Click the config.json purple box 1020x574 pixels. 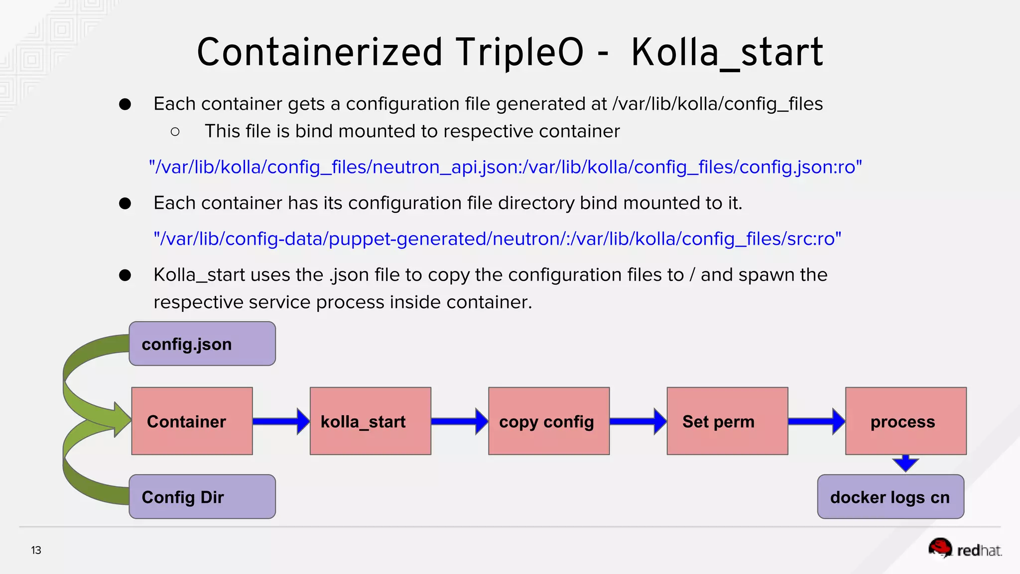point(202,344)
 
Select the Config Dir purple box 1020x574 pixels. point(202,497)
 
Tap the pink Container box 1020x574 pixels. point(192,421)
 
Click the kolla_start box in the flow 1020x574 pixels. point(370,421)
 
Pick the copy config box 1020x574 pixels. point(549,421)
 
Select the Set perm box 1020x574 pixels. point(727,421)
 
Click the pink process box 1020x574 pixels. point(905,421)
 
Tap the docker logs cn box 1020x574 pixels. point(891,497)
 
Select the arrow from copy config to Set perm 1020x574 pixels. point(638,422)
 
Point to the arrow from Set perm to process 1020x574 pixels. point(816,422)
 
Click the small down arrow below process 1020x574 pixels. point(905,463)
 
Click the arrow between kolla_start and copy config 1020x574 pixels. point(459,422)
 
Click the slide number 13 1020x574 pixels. point(36,550)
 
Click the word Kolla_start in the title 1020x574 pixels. point(727,52)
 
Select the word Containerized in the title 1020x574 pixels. point(319,52)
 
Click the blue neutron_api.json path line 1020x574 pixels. point(505,167)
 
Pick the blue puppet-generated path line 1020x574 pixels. point(497,239)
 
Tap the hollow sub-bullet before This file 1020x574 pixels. point(175,132)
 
